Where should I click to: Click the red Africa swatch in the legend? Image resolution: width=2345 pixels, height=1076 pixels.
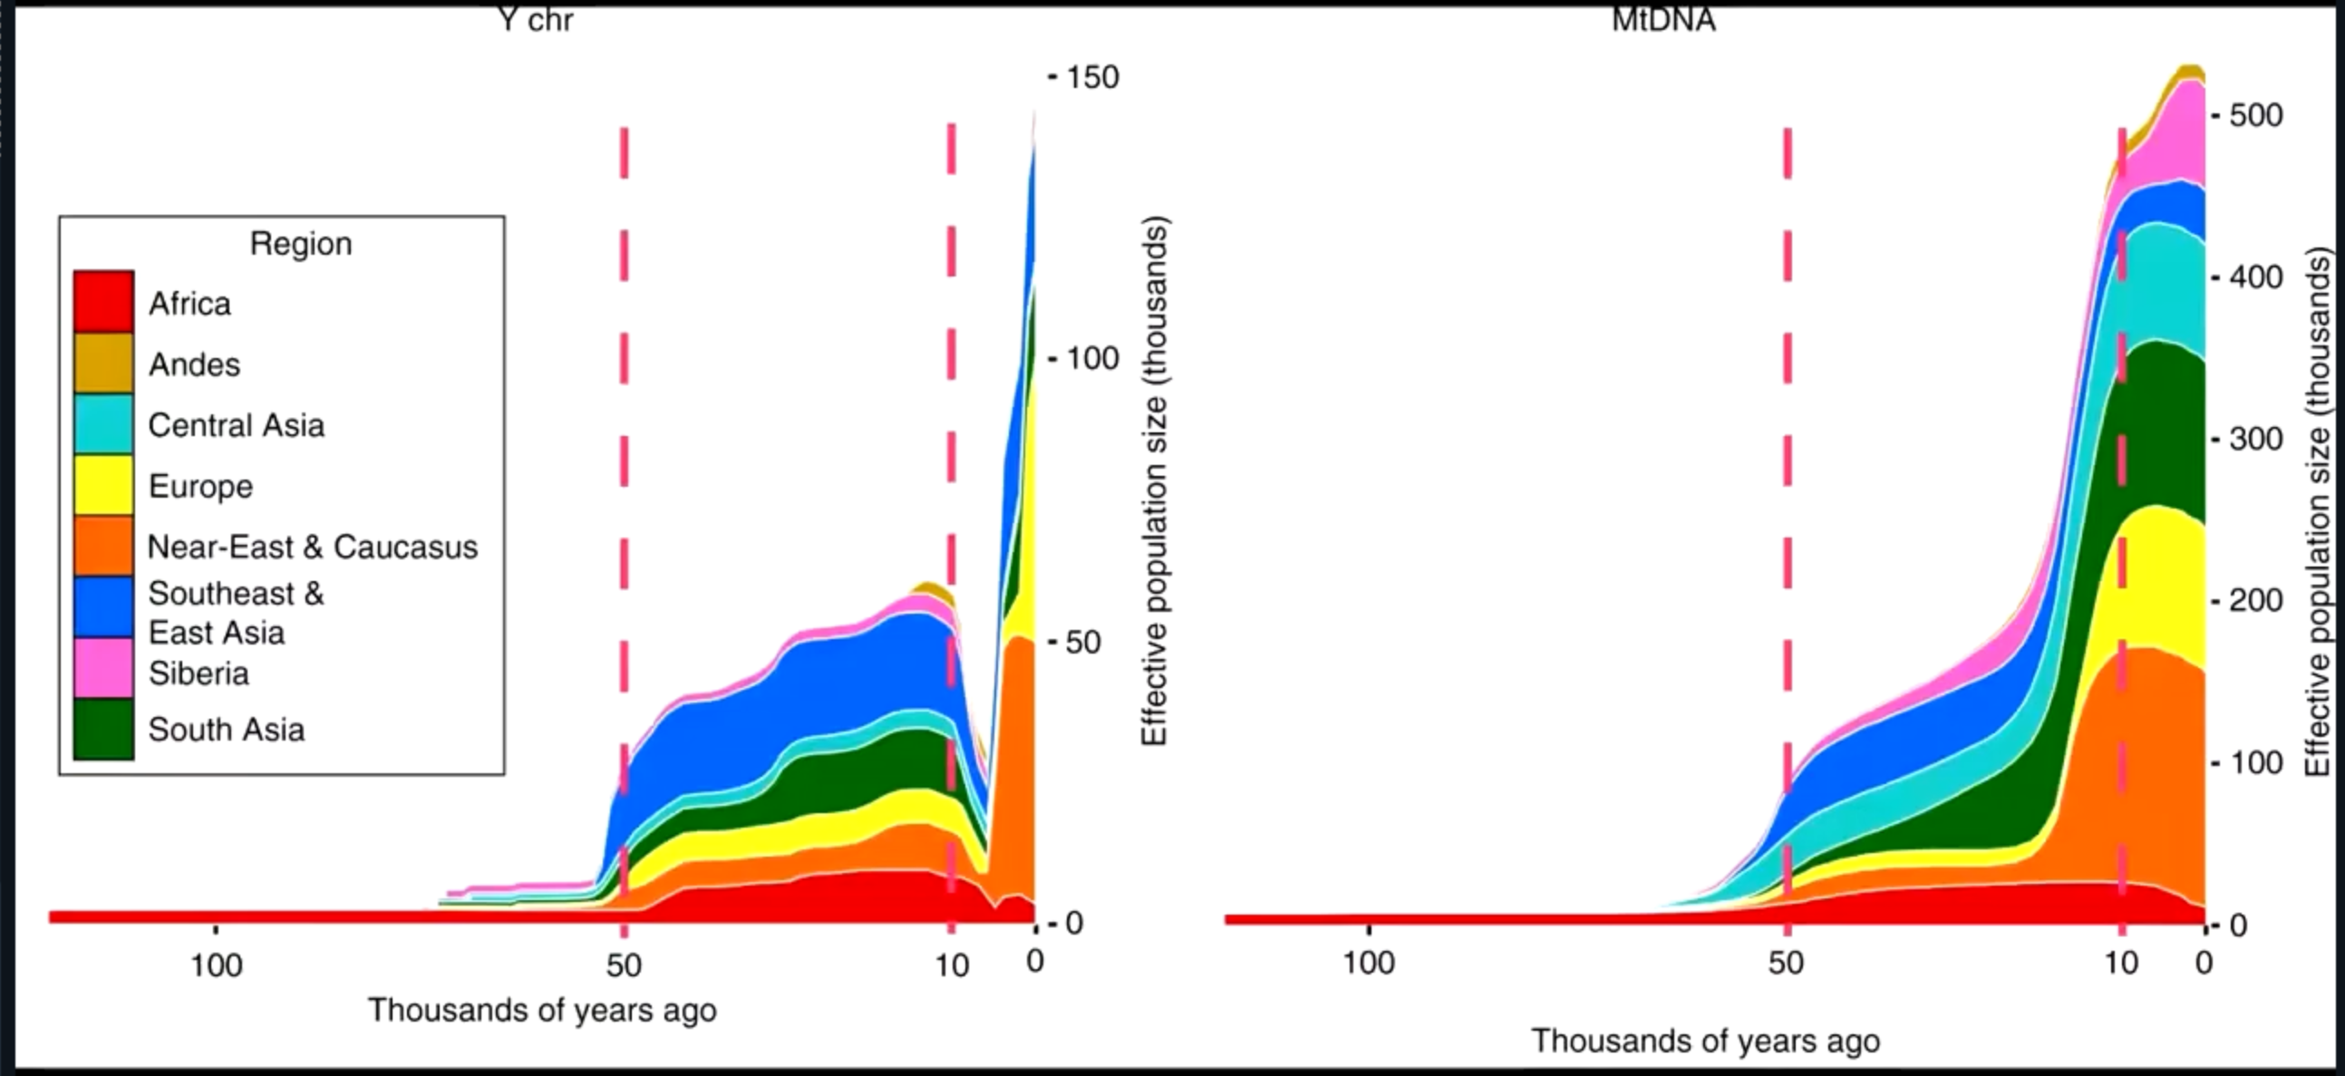103,301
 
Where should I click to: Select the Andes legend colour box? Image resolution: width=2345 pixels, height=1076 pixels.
103,364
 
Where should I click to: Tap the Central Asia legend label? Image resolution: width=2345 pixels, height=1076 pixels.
236,425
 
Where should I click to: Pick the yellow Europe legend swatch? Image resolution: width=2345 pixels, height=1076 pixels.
103,484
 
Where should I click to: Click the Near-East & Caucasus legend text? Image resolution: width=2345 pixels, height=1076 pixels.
312,547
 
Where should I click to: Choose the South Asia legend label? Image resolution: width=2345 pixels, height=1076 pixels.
226,729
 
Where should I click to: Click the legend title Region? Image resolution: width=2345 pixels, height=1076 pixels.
300,244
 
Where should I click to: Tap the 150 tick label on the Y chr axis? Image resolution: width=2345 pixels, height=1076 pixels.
1091,77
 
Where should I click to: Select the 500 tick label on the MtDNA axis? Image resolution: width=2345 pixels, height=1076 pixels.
2257,116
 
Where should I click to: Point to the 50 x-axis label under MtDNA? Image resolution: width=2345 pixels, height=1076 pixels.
1786,963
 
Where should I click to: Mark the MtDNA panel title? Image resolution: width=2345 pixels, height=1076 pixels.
1663,20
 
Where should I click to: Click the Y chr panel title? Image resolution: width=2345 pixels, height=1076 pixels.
537,20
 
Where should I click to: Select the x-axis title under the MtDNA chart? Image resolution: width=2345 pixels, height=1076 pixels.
1705,1041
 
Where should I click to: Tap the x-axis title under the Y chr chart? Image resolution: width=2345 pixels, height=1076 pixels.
542,1011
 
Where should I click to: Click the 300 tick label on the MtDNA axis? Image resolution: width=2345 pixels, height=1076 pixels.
2257,439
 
